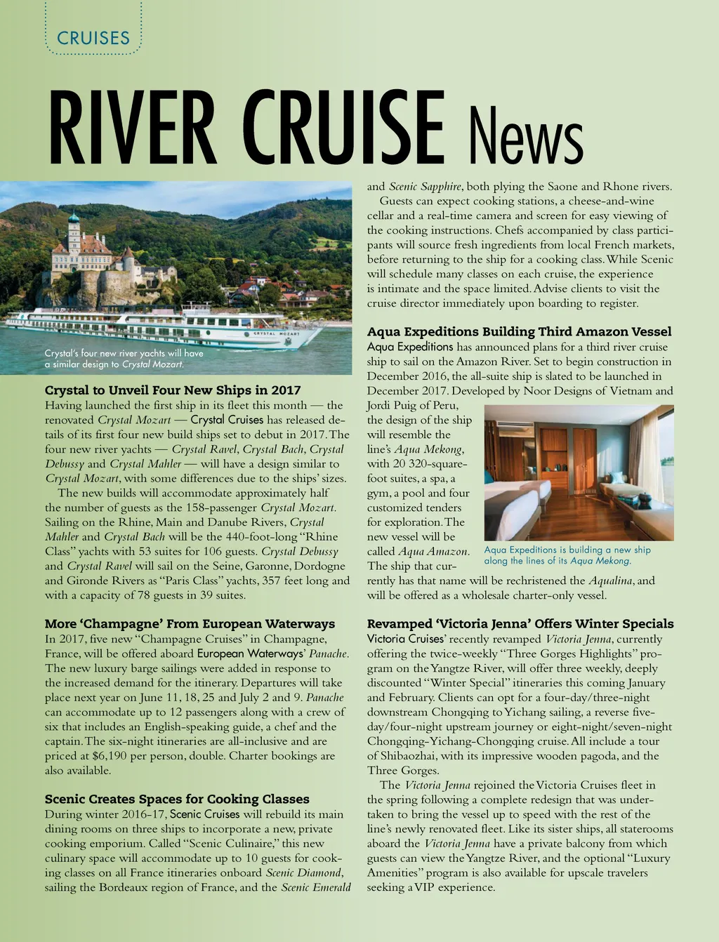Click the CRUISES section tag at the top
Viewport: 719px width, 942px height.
[93, 38]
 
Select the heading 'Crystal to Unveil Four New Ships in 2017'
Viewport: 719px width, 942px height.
[173, 390]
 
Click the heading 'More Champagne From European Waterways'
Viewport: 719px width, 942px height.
[190, 624]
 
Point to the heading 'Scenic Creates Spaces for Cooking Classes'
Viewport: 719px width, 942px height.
[177, 799]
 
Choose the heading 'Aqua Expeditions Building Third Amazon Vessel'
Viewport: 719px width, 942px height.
[519, 331]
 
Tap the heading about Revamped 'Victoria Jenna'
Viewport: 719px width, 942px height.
[520, 624]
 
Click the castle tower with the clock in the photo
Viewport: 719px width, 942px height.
[74, 234]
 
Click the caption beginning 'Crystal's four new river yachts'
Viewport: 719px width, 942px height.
[124, 359]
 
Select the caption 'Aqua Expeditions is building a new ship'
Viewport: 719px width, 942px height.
[567, 555]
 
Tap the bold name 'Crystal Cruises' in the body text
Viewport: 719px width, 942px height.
[227, 420]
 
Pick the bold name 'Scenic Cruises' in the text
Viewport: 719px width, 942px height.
[204, 814]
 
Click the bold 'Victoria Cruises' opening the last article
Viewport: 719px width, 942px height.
[406, 639]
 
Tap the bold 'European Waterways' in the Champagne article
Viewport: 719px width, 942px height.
[249, 654]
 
